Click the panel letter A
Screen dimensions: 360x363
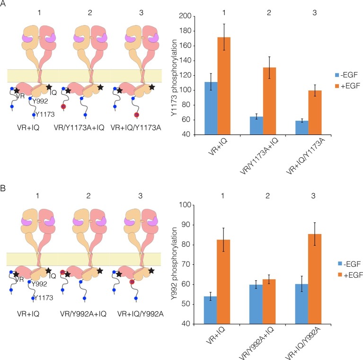(4, 4)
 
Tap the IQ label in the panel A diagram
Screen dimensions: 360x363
(53, 93)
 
